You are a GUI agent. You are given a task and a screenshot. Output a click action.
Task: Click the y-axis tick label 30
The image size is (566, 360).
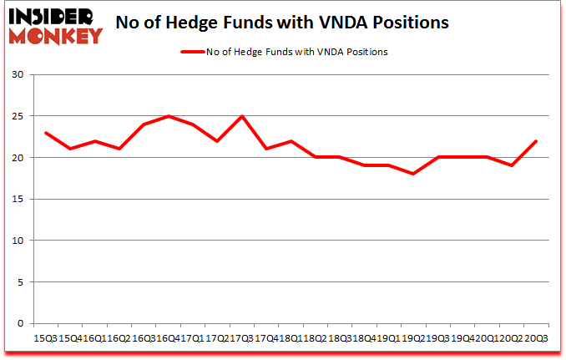(x=18, y=75)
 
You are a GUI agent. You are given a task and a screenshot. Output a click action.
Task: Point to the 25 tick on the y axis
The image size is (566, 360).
(x=18, y=116)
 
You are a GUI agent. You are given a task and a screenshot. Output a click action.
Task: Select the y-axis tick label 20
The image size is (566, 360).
(x=18, y=158)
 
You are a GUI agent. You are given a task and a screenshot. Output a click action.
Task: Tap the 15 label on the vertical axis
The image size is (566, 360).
(x=18, y=199)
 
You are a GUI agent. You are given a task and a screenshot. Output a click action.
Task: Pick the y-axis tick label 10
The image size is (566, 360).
(x=18, y=241)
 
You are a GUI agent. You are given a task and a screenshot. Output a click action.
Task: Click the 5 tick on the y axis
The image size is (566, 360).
(x=21, y=281)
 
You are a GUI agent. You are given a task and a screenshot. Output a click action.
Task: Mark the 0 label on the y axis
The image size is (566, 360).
(x=21, y=323)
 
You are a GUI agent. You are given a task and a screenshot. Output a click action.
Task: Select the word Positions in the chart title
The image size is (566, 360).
(x=407, y=23)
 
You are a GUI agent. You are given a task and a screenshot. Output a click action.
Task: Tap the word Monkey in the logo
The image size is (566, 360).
(x=55, y=35)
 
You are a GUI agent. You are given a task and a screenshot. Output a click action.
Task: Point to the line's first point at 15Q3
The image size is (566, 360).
(x=46, y=133)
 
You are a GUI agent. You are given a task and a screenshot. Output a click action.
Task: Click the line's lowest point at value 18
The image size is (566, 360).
(x=413, y=174)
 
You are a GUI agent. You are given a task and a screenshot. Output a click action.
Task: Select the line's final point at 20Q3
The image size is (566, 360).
(x=536, y=141)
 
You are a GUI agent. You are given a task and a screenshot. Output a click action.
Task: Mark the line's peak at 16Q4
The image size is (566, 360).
(x=169, y=116)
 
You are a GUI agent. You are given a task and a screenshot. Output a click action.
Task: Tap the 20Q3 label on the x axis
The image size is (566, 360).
(x=536, y=338)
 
